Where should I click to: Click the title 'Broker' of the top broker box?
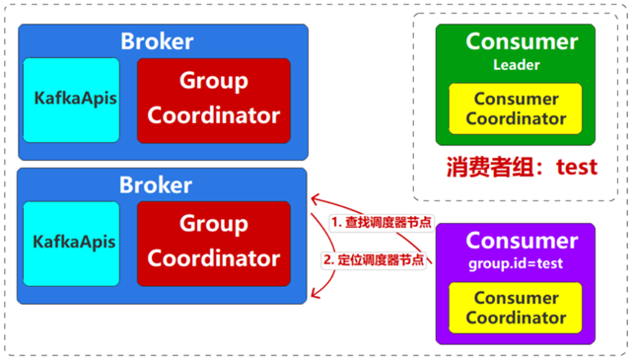point(157,41)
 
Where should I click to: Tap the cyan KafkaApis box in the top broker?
point(72,100)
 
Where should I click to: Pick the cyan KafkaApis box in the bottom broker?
point(72,243)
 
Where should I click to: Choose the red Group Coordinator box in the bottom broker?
point(213,242)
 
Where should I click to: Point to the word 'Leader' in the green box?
point(516,65)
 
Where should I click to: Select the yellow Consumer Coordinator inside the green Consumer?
point(515,108)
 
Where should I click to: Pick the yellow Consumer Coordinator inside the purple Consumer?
point(515,308)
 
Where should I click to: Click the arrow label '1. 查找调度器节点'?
point(380,223)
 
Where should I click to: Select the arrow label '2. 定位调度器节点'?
point(380,260)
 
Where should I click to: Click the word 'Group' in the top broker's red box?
point(213,82)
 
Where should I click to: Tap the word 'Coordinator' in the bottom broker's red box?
point(213,259)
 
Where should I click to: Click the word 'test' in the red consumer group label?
point(576,166)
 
